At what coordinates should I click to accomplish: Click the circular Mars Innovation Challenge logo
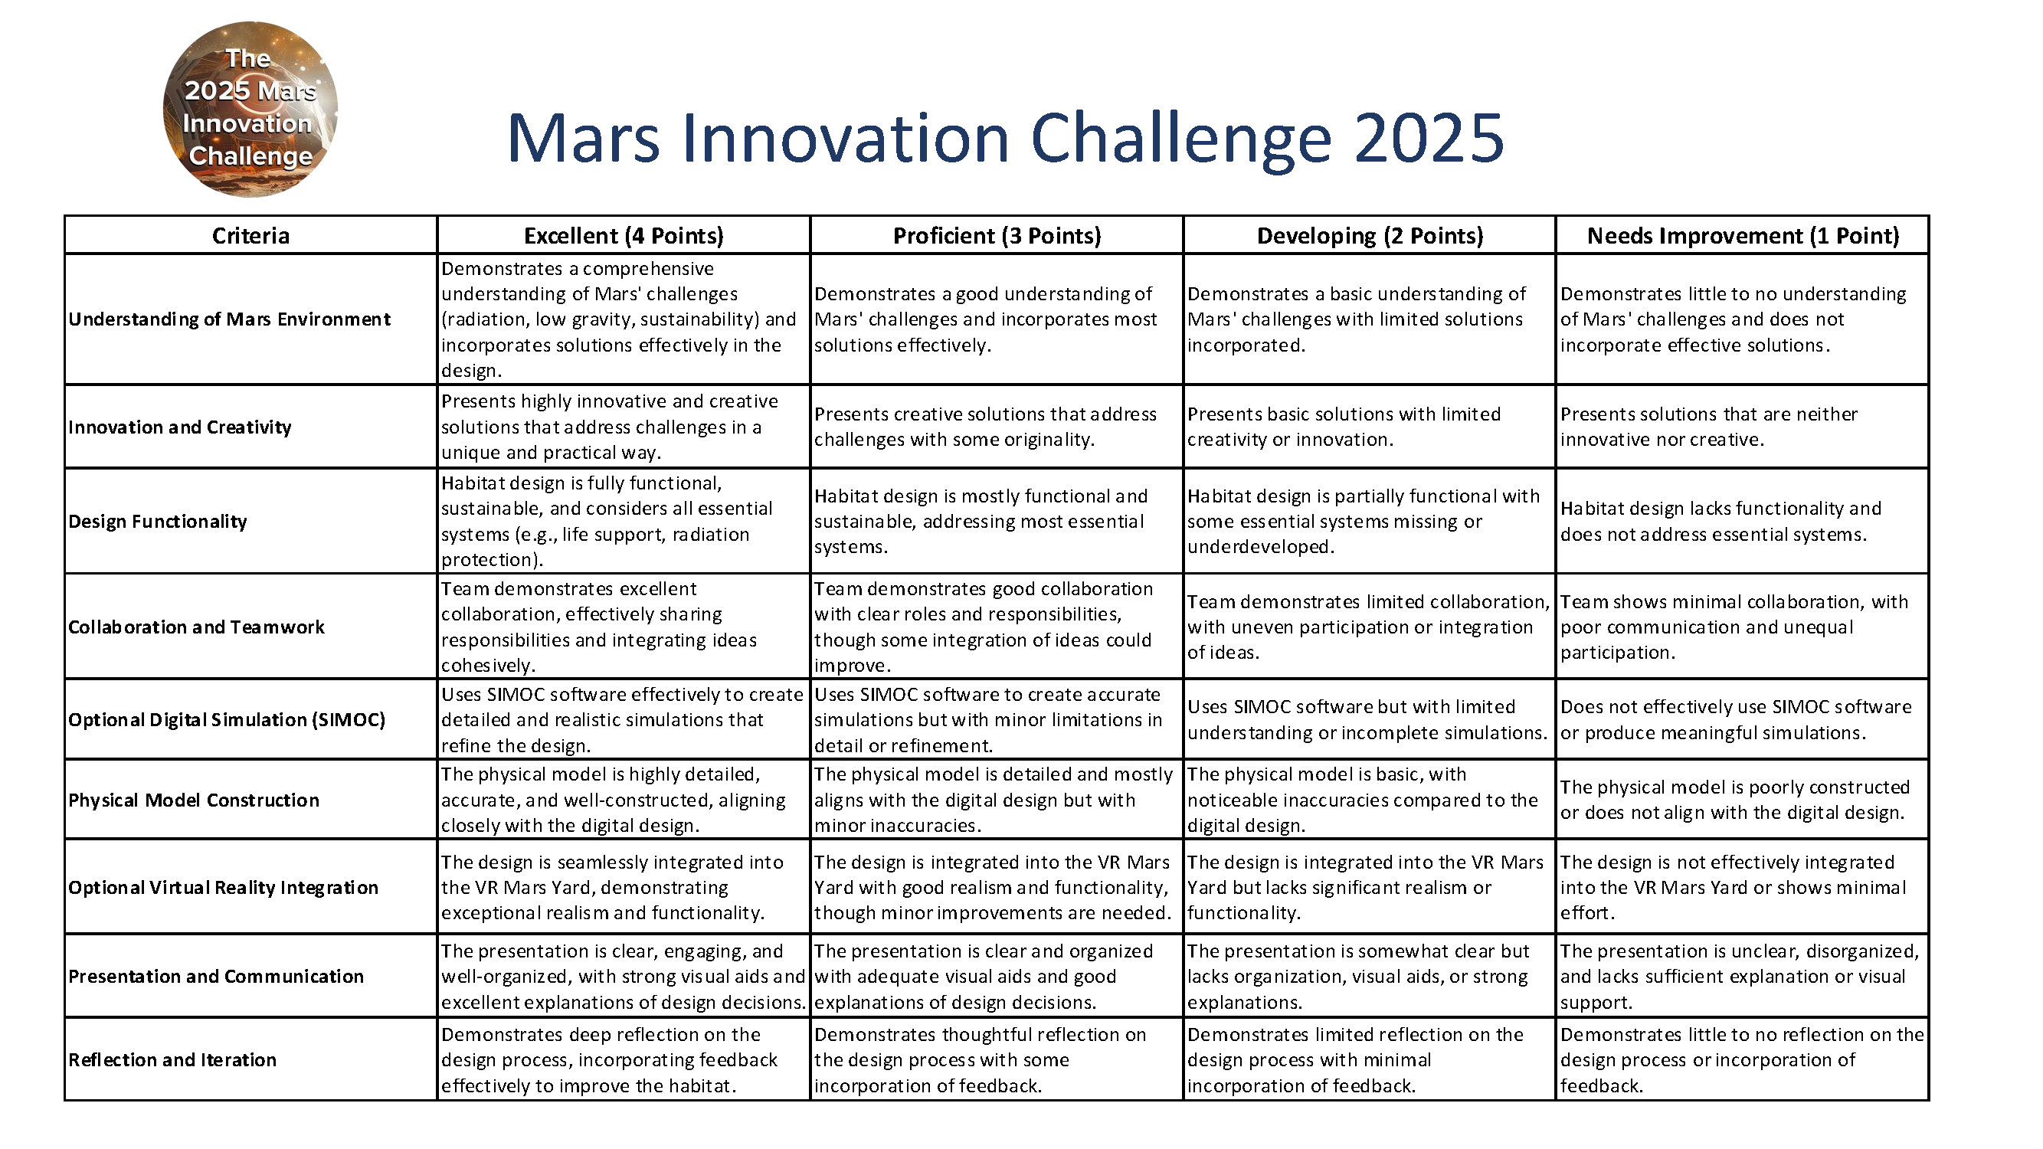250,110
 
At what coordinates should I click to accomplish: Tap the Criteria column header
250,235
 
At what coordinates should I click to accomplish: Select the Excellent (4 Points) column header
624,235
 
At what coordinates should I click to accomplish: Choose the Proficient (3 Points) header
997,235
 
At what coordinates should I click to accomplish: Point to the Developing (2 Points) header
1370,235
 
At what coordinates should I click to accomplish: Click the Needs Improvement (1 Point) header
1743,235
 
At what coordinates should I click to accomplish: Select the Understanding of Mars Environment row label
229,319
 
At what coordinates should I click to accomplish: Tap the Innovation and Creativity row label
180,427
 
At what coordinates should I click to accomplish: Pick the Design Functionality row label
158,521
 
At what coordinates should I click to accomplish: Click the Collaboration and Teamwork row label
197,627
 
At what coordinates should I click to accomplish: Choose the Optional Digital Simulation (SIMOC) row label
227,720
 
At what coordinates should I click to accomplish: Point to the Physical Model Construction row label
195,800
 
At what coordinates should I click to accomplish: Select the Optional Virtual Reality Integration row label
224,887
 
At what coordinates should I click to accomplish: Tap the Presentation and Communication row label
217,976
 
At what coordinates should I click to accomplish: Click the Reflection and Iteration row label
173,1060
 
